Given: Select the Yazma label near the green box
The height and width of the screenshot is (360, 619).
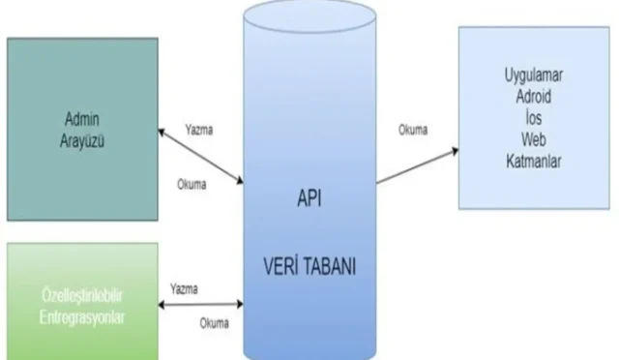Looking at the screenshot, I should point(185,288).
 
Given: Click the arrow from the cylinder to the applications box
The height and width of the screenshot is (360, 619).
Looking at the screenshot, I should point(416,164).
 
